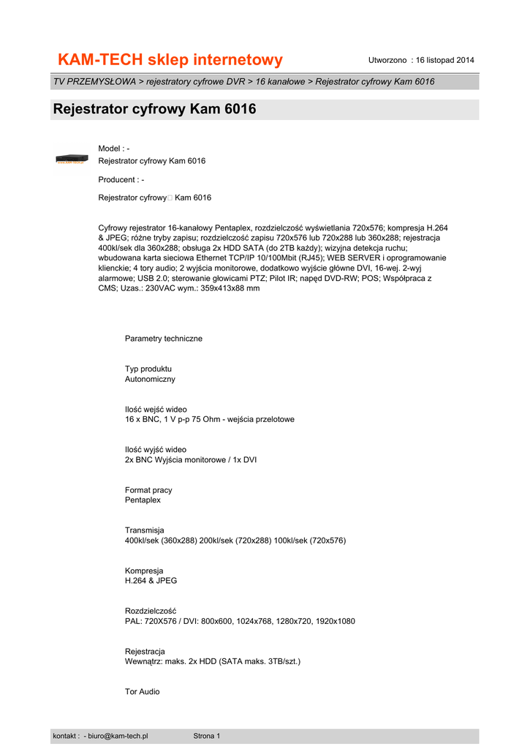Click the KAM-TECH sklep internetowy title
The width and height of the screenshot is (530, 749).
coord(170,60)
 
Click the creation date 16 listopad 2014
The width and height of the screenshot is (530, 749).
coord(444,59)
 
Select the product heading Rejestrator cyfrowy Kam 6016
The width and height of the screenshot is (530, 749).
coord(154,110)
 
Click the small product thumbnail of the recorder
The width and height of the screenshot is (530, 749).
coord(74,158)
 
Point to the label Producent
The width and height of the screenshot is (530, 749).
coord(117,180)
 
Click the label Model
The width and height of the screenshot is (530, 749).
coord(110,149)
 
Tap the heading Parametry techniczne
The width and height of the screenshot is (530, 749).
coord(164,339)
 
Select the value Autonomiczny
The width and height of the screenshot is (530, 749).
coord(150,380)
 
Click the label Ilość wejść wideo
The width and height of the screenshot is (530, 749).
coord(156,409)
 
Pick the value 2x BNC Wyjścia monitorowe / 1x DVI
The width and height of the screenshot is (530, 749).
coord(191,460)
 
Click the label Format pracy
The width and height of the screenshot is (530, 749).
coord(148,490)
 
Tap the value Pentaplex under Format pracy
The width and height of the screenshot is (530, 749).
coord(143,500)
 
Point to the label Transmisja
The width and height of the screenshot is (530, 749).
coord(144,530)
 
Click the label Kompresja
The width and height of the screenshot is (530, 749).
coord(144,571)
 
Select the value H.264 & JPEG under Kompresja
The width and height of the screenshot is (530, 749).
coord(151,581)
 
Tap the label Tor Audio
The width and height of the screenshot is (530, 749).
coord(142,691)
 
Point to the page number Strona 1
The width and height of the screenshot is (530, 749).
coord(206,736)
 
